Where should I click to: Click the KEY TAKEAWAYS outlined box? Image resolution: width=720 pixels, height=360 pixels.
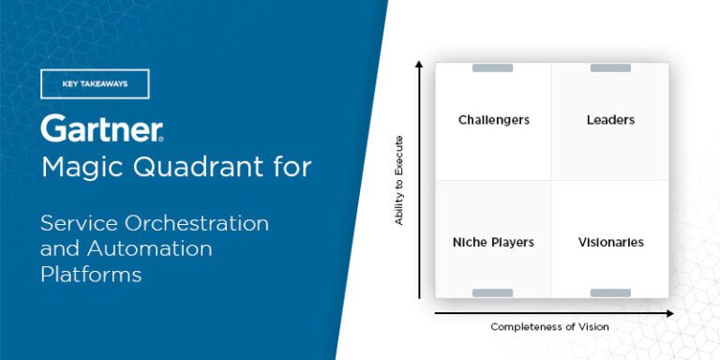click(95, 83)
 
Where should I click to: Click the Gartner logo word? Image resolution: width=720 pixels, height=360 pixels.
click(101, 128)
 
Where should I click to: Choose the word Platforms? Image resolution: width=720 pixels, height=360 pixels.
click(91, 274)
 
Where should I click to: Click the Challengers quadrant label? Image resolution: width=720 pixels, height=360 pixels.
click(493, 120)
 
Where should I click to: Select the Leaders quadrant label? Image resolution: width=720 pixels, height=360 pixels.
click(610, 120)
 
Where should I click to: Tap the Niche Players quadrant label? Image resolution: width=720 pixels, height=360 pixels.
click(493, 242)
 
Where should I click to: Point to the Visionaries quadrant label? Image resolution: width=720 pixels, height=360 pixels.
click(610, 242)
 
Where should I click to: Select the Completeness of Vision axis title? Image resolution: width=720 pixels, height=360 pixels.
click(549, 326)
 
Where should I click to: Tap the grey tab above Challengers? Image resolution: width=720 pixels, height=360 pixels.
click(493, 67)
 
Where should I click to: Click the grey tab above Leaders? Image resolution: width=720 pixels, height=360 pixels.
click(610, 67)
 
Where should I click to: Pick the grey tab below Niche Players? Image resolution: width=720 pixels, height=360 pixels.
click(493, 293)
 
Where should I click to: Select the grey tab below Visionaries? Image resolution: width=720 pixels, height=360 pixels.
click(610, 293)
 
